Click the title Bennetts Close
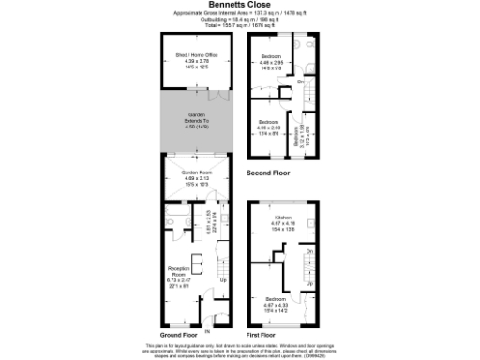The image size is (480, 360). [239, 5]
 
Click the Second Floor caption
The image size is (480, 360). [268, 173]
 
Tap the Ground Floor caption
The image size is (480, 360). [177, 335]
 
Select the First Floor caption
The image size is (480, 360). [262, 335]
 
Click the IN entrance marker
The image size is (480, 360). [208, 330]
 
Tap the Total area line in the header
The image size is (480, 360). [239, 25]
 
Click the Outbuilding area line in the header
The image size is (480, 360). [239, 20]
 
